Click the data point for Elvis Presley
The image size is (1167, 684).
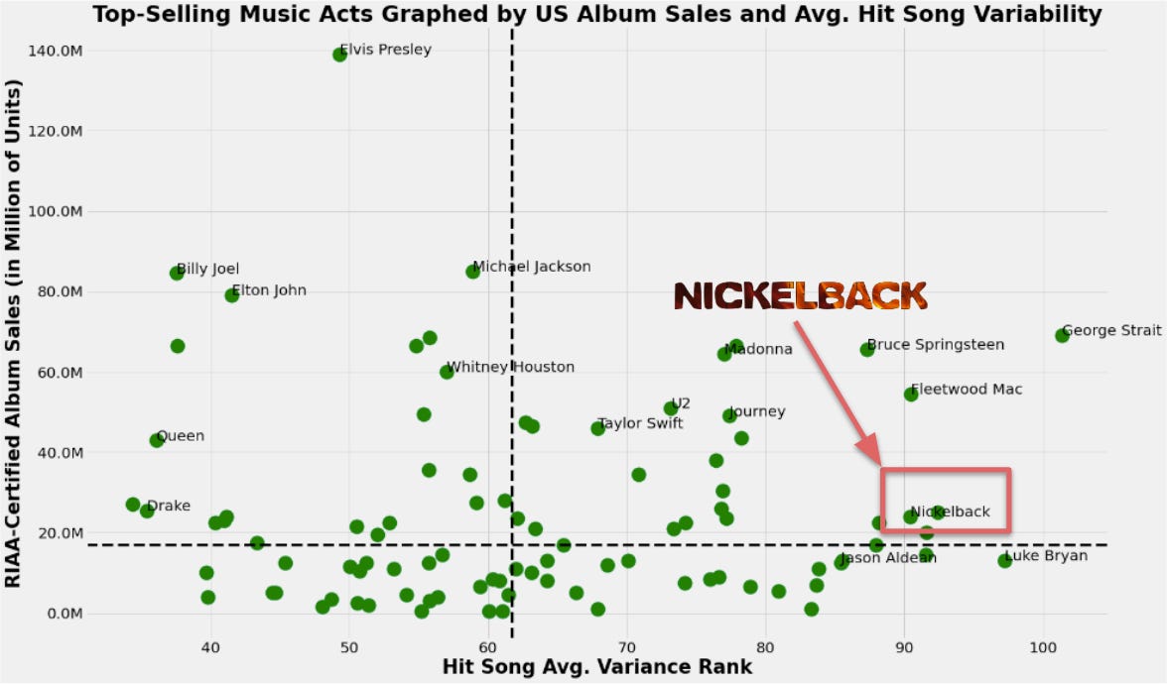340,55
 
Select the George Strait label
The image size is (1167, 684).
1111,330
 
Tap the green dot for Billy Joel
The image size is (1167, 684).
177,273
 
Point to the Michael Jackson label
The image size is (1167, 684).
531,267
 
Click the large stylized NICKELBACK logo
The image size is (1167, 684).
800,295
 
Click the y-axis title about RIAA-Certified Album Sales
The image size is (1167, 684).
14,335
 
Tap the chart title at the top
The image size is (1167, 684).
596,13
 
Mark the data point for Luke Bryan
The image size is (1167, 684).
1004,561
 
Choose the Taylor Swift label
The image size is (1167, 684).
640,423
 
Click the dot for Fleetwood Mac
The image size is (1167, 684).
911,395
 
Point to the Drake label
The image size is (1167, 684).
168,507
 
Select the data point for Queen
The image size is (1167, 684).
157,440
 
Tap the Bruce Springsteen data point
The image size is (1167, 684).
867,349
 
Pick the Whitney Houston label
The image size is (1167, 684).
510,367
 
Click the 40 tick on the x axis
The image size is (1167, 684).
209,647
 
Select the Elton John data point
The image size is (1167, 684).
232,295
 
